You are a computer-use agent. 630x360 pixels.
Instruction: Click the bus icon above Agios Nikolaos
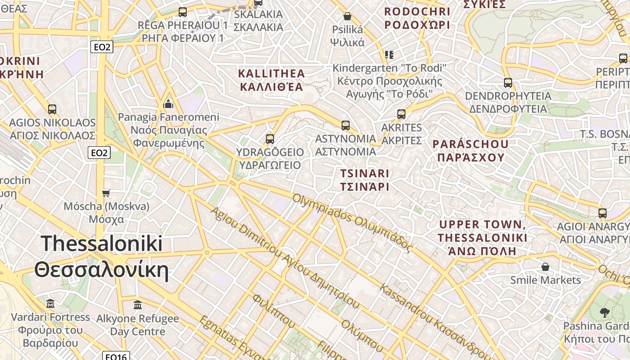point(52,109)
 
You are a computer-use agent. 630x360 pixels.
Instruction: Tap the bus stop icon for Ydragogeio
point(270,139)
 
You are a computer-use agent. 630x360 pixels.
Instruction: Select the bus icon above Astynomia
point(345,125)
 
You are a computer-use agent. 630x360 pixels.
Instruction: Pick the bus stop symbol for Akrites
point(401,114)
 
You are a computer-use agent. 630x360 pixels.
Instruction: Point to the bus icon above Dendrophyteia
point(508,82)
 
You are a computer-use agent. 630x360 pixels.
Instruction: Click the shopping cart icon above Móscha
point(106,193)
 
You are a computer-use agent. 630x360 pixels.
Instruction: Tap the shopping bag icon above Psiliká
point(347,16)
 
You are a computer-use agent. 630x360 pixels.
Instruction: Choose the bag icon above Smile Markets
point(545,267)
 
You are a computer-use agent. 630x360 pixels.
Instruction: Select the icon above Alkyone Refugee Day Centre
point(138,305)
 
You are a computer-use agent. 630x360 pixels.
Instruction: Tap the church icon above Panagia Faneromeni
point(168,104)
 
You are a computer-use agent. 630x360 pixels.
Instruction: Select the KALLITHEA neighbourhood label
point(271,80)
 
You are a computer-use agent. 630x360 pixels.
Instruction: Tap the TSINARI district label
point(364,180)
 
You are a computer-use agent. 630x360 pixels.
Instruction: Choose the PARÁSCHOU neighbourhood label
point(471,150)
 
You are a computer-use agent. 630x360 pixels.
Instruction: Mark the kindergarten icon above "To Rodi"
point(389,55)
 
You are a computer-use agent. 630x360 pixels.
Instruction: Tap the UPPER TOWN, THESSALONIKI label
point(482,237)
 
